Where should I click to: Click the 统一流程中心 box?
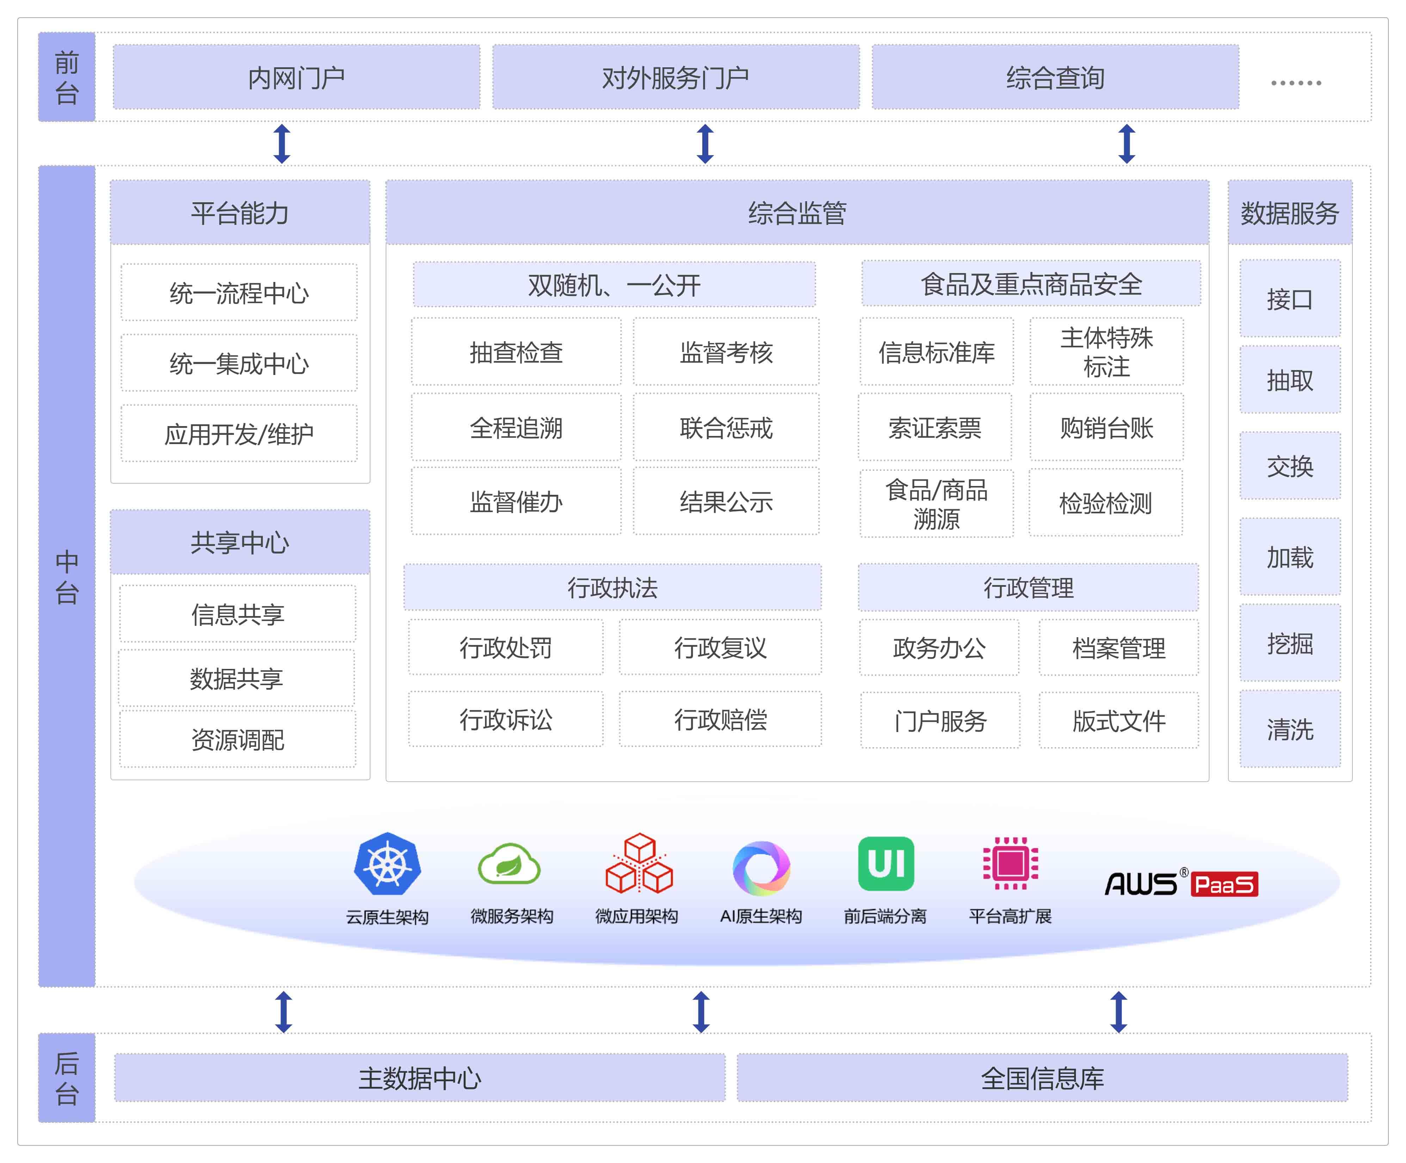coord(239,293)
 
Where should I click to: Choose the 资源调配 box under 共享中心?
coord(238,739)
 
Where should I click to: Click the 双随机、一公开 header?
coord(614,284)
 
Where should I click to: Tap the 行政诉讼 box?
coord(505,719)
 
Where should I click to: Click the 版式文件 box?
coord(1118,720)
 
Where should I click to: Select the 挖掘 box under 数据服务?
coord(1289,643)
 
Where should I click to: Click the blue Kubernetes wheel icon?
coord(388,864)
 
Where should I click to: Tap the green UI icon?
coord(886,864)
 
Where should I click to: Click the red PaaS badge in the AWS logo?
coord(1225,885)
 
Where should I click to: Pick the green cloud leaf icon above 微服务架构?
coord(509,864)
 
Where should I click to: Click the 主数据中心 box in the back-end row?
coord(420,1077)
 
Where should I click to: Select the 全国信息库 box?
coord(1042,1077)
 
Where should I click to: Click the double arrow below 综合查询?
coord(1127,143)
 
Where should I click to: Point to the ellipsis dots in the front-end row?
coord(1295,83)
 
